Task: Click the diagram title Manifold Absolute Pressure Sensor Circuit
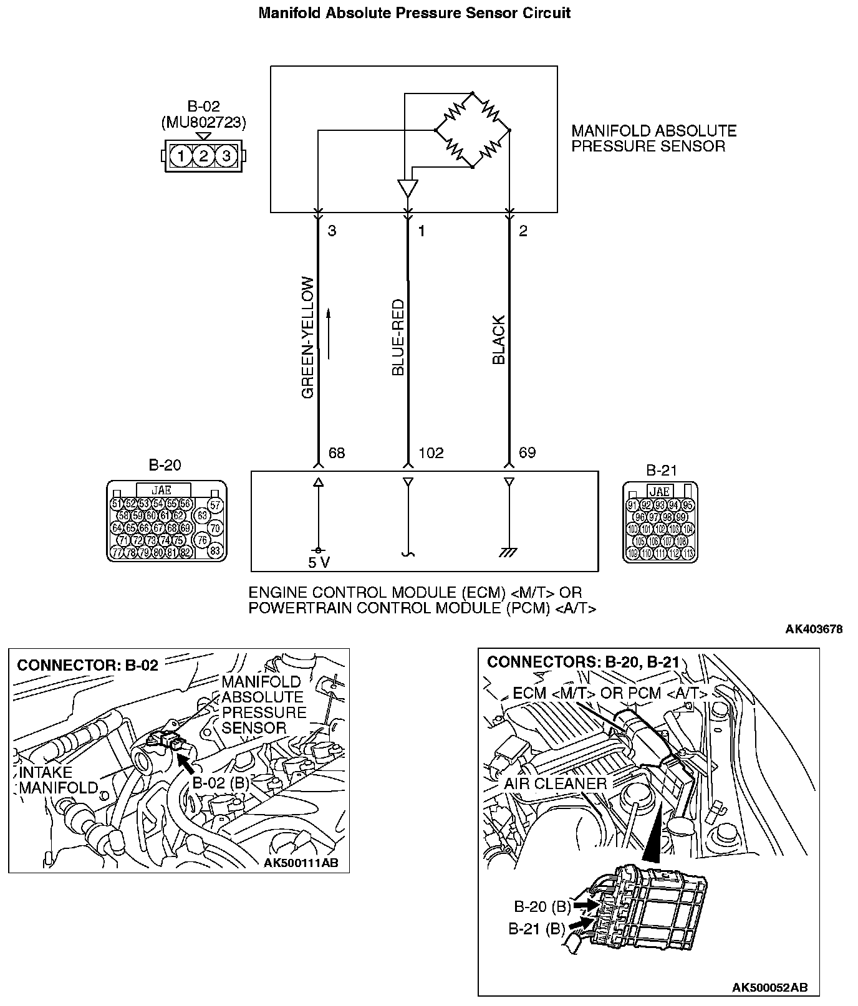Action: (x=414, y=13)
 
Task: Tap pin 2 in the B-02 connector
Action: (x=203, y=155)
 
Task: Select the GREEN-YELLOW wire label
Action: (x=309, y=338)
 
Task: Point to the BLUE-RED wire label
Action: (x=398, y=338)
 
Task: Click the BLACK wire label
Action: (x=499, y=340)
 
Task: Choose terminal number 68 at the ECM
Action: (x=336, y=453)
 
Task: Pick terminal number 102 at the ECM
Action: (x=431, y=453)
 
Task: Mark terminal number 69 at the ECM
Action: (x=527, y=453)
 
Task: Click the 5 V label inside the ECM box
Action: (x=319, y=563)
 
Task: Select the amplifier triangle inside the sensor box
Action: (x=407, y=188)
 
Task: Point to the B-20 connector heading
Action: (x=165, y=465)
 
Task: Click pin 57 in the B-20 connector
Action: (x=215, y=505)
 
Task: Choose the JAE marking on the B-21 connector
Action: (x=660, y=491)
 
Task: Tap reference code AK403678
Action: (x=814, y=629)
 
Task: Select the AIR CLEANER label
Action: (x=555, y=783)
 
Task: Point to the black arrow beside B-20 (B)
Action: (x=585, y=904)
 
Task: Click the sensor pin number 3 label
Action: (x=332, y=231)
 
